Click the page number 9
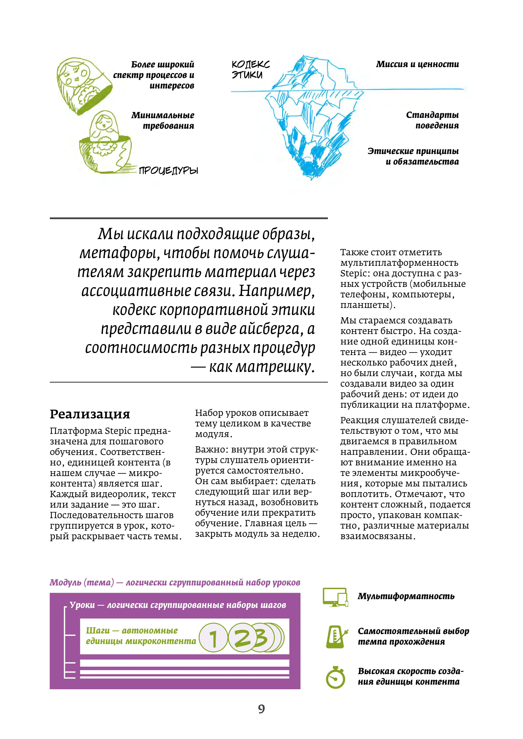click(261, 708)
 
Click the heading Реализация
click(90, 414)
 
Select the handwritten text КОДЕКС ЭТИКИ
click(250, 69)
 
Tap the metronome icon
click(336, 636)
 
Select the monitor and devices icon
click(336, 597)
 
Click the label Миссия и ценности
click(417, 64)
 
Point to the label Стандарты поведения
click(432, 120)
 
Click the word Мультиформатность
click(406, 596)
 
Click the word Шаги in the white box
click(98, 631)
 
